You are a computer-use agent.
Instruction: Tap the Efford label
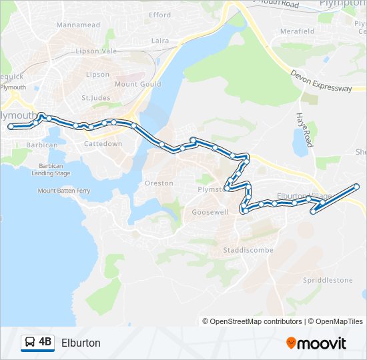click(x=160, y=15)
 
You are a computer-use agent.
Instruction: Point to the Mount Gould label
click(x=135, y=84)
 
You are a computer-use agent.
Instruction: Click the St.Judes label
click(x=95, y=98)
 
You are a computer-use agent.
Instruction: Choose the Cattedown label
click(x=103, y=143)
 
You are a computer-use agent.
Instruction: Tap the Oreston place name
click(x=159, y=183)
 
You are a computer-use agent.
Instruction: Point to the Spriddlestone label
click(x=328, y=280)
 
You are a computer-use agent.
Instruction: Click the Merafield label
click(x=298, y=31)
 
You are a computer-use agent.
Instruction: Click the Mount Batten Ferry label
click(x=64, y=191)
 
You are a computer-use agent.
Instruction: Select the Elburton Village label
click(x=304, y=196)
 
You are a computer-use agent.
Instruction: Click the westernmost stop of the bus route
click(x=11, y=126)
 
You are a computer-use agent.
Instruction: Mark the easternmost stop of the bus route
click(x=357, y=186)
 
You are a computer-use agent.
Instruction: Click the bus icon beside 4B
click(x=30, y=343)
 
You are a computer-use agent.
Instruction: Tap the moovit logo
click(x=316, y=343)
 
